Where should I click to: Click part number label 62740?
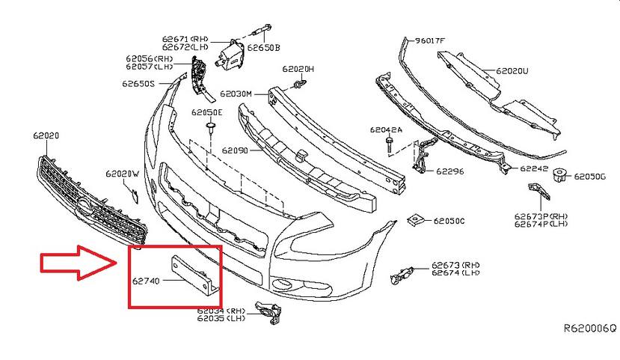(x=147, y=282)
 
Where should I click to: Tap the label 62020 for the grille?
(x=46, y=135)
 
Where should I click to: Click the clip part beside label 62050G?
(x=559, y=176)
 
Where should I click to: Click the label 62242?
(x=534, y=168)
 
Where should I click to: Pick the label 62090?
(x=235, y=150)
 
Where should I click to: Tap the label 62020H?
(x=298, y=69)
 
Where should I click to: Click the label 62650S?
(x=138, y=84)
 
